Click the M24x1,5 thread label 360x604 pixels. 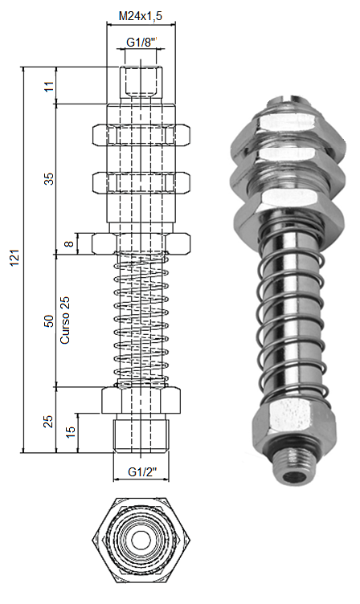click(x=141, y=16)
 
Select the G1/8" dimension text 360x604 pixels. click(x=142, y=42)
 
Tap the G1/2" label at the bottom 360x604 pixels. click(x=142, y=472)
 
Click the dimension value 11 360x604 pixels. click(x=49, y=86)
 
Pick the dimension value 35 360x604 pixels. click(x=49, y=179)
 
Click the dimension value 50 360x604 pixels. click(x=49, y=321)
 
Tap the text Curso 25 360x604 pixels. click(x=65, y=320)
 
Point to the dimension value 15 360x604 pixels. click(x=71, y=432)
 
